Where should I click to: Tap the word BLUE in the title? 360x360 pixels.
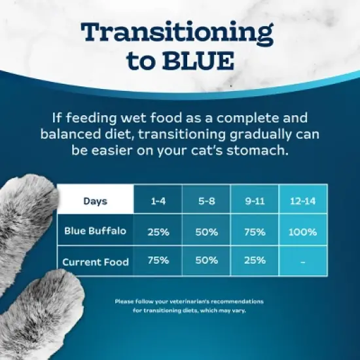[x=197, y=60]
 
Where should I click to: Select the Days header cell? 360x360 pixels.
[x=96, y=200]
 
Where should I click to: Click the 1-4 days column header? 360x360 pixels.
[x=158, y=200]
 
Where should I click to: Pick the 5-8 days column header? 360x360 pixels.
[x=206, y=200]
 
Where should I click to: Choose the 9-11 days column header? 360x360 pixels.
[x=255, y=200]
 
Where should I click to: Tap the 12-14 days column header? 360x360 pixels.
[x=302, y=200]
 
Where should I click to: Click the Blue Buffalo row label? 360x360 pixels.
[x=96, y=231]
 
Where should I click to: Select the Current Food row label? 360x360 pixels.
[x=96, y=262]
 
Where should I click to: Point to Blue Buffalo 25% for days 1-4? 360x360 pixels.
[x=158, y=232]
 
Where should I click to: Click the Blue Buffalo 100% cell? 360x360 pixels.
[x=302, y=232]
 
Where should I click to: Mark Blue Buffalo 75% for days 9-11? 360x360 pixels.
[x=255, y=232]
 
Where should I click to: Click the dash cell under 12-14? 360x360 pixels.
[x=302, y=262]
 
